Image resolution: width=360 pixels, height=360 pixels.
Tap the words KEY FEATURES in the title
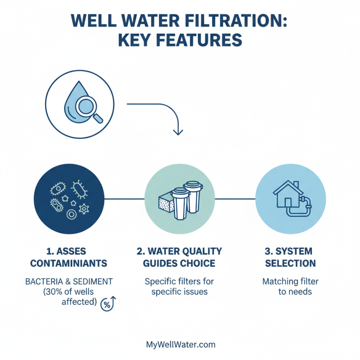(180, 40)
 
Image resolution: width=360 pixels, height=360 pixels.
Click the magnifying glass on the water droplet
(87, 108)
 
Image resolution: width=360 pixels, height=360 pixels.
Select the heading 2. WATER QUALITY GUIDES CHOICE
(180, 257)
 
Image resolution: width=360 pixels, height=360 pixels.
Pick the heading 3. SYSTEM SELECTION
(289, 257)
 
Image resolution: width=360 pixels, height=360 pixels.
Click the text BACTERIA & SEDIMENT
(68, 282)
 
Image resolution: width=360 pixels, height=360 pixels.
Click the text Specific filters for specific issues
(179, 287)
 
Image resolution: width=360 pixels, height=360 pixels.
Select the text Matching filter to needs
(290, 287)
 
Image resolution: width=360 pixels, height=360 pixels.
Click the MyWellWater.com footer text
(180, 345)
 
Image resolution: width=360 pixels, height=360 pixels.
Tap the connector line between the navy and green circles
(124, 198)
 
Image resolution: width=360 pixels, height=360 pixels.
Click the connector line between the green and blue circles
(235, 198)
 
